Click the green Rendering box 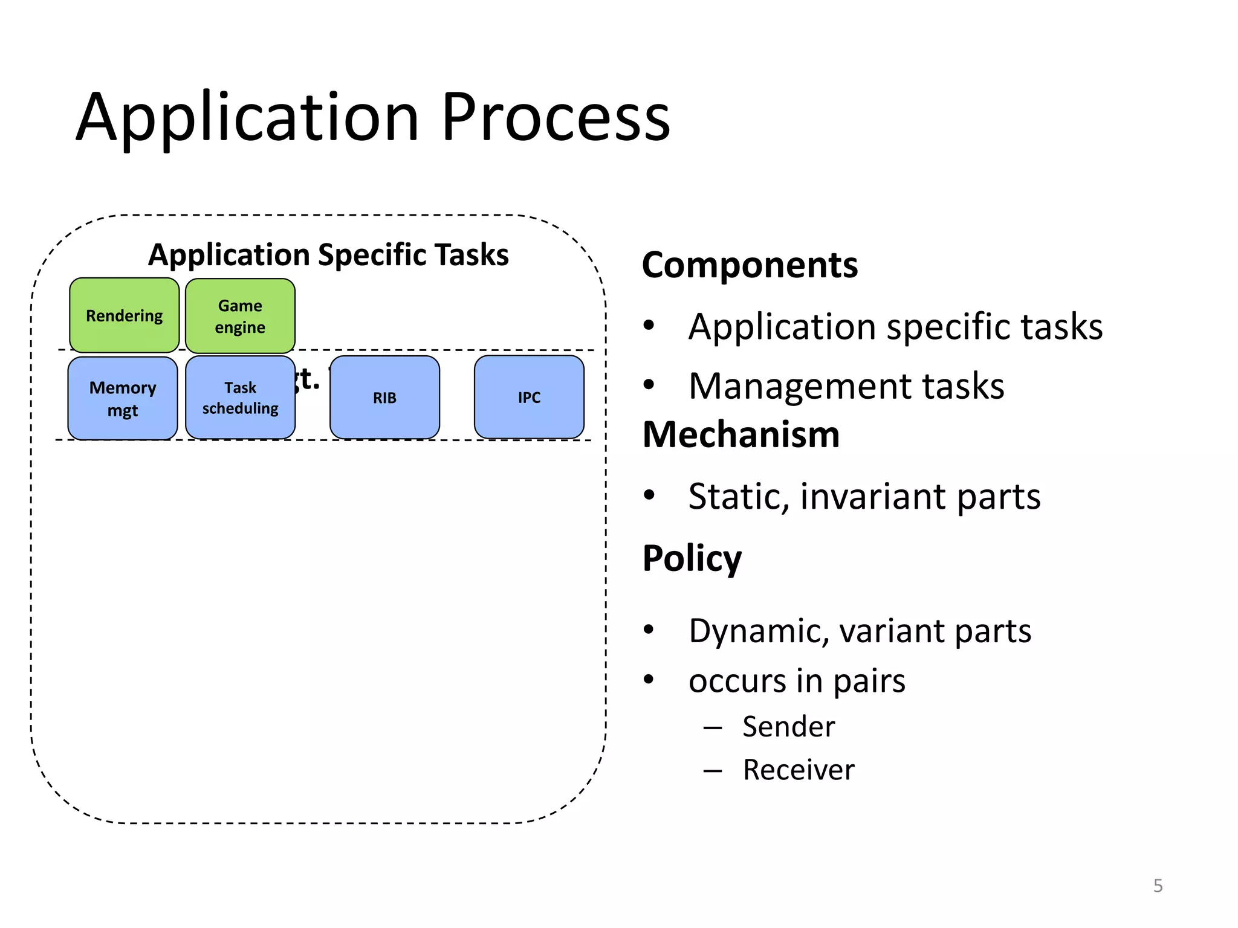(124, 315)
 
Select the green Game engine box (240, 316)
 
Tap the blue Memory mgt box (123, 398)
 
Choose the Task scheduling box (240, 398)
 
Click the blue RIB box (384, 398)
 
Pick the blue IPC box (529, 397)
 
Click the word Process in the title (555, 118)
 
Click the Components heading (750, 265)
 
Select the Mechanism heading (741, 434)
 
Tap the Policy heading (692, 558)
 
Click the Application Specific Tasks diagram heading (328, 254)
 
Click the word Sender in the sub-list (788, 726)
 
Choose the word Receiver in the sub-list (799, 770)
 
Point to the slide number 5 (1158, 886)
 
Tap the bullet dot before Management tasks (649, 384)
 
